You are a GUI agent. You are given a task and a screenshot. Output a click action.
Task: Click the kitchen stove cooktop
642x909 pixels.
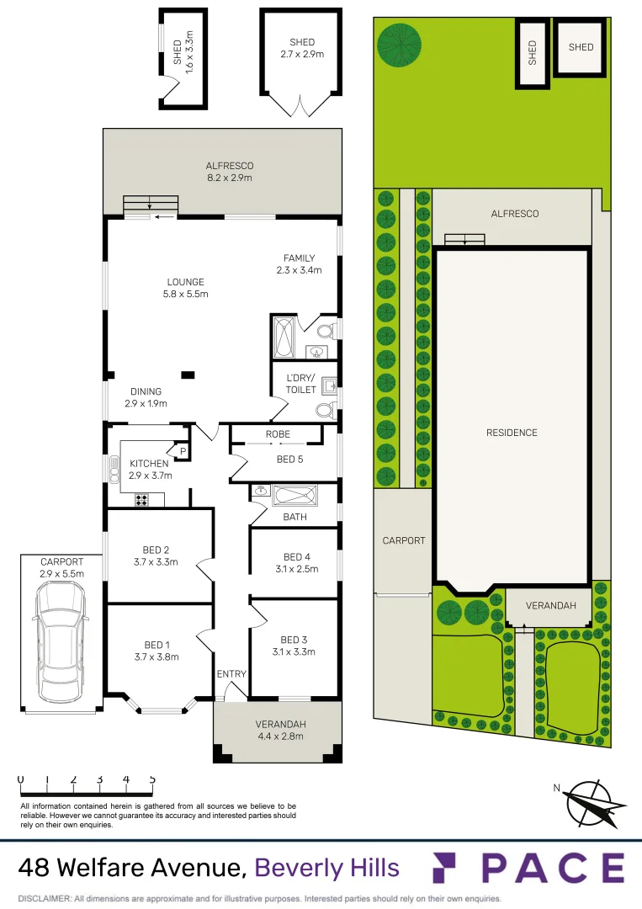(141, 500)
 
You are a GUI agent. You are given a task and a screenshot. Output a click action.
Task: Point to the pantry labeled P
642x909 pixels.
(182, 452)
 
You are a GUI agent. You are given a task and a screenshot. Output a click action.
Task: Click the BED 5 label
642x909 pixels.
(289, 459)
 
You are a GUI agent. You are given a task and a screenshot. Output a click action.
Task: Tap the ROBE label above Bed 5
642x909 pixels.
(278, 434)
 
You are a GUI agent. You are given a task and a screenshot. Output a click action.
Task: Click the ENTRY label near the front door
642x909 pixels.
(231, 674)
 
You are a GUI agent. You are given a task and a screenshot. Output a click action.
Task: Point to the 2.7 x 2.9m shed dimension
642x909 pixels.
(302, 54)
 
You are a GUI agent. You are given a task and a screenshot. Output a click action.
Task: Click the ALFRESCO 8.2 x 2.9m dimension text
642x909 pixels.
(230, 178)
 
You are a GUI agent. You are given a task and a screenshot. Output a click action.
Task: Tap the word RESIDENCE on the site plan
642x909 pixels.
(512, 433)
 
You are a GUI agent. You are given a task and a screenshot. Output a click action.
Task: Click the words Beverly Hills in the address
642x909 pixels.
(326, 868)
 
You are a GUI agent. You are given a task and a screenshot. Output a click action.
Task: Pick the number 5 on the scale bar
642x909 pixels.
(152, 779)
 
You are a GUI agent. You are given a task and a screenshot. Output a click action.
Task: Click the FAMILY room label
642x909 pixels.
(299, 258)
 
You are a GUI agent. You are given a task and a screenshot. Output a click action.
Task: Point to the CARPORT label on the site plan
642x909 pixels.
(404, 540)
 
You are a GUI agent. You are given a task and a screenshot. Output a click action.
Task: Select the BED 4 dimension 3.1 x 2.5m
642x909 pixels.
(298, 569)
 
